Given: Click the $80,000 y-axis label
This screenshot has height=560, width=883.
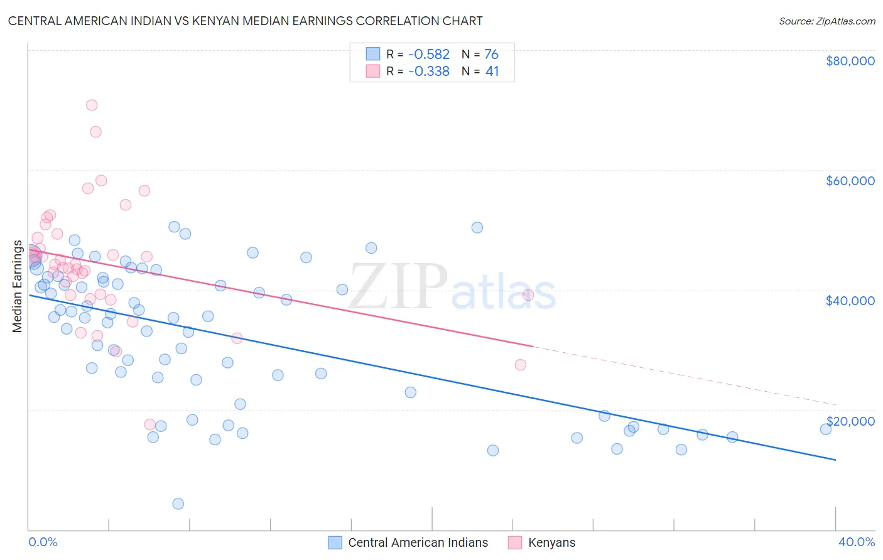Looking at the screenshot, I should point(850,61).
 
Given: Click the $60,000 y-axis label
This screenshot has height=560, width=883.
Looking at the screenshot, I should point(850,181).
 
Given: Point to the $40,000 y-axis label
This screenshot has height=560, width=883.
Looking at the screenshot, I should point(850,301).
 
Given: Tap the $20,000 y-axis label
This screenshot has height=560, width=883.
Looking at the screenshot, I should point(850,421).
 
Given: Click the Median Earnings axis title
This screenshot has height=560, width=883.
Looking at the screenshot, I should point(18,286).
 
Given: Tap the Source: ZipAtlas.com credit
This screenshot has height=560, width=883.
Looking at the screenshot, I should point(826,21).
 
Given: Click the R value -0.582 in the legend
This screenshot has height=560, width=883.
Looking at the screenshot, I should point(429,55).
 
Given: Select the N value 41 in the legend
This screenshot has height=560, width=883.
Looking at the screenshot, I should point(492,72).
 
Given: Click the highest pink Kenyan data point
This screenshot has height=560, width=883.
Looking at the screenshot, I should point(92,105).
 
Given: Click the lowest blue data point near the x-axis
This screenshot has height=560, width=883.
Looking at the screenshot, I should point(178,503).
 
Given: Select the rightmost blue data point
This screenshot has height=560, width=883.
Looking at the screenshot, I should point(826,429).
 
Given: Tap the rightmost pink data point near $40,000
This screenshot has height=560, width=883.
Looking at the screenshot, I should point(528,295).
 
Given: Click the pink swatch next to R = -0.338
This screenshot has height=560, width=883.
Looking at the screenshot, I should point(373,72).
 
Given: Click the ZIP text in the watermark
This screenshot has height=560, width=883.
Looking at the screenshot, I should point(398,288).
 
